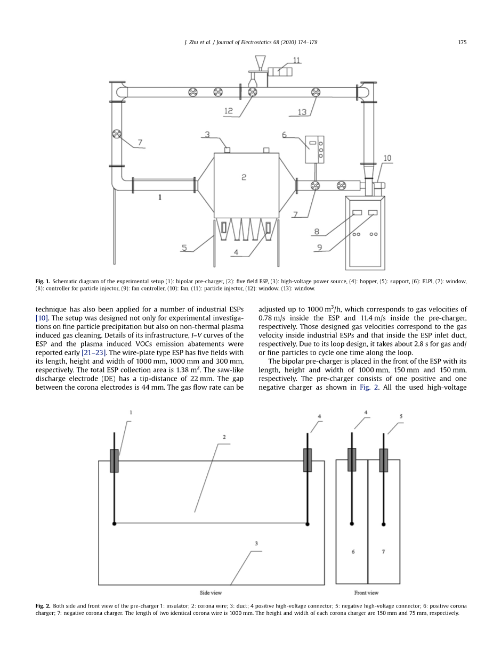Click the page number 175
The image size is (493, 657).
[x=462, y=42]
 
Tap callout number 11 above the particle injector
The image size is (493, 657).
[x=296, y=61]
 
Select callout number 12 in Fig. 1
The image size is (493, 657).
[x=229, y=111]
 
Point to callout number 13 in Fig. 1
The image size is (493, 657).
[x=302, y=112]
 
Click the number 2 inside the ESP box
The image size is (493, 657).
[x=244, y=177]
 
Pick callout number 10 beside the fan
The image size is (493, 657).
[x=387, y=158]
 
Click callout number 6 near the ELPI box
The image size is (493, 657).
[x=284, y=135]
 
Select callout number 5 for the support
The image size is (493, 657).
[x=184, y=248]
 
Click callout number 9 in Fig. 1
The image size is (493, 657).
[x=320, y=247]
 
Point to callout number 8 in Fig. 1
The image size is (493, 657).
[x=317, y=232]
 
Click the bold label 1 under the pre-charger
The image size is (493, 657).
[x=160, y=197]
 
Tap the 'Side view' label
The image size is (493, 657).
[x=211, y=593]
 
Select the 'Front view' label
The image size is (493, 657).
[x=366, y=593]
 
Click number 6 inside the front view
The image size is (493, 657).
[x=353, y=552]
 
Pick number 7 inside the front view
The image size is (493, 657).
[x=383, y=552]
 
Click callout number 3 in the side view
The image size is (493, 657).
[x=256, y=543]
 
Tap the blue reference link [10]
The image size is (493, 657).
[x=42, y=318]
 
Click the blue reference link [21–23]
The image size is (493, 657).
[x=94, y=352]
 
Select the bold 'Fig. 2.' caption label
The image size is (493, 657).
[x=43, y=606]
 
